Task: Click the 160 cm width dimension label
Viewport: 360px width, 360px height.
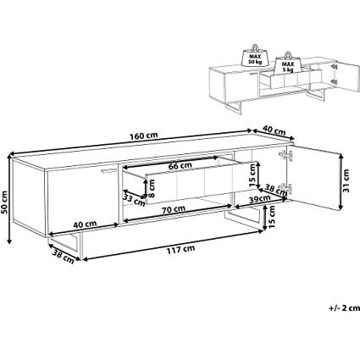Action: pos(144,136)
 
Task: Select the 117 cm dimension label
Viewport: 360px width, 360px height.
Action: pos(180,250)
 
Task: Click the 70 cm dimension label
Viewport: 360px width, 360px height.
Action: pos(174,210)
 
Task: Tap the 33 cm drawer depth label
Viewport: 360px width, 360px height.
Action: pos(133,200)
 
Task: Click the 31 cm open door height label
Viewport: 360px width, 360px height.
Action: pos(346,180)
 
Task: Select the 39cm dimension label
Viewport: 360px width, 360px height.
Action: pos(260,200)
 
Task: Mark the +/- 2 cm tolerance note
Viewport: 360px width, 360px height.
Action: pos(344,308)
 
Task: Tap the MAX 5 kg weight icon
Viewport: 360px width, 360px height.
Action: pos(287,64)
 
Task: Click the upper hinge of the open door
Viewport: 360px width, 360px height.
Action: pos(285,155)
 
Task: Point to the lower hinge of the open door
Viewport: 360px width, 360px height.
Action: pos(285,188)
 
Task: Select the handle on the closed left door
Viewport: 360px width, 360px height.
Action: pos(109,171)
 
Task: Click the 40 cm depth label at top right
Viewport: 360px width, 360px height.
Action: pos(274,130)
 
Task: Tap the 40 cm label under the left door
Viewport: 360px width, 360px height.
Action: pos(85,224)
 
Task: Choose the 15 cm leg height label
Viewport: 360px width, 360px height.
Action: pos(271,217)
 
